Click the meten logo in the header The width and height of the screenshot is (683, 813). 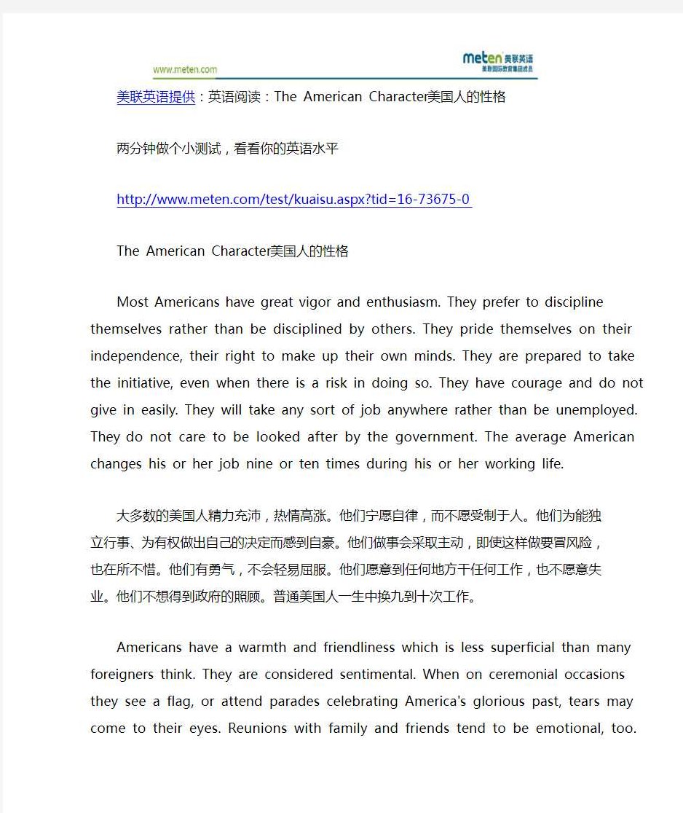[499, 62]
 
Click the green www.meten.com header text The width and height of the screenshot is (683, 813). [185, 70]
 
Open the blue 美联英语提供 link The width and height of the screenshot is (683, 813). [156, 97]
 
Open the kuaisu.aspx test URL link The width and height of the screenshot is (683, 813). [294, 200]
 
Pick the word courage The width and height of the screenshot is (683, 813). [532, 383]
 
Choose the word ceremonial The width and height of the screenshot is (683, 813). [529, 675]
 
